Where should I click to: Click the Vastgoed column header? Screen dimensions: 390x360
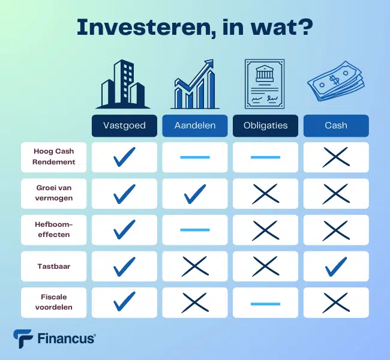click(124, 125)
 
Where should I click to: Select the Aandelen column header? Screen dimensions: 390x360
click(195, 125)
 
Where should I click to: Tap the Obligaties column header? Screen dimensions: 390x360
click(265, 125)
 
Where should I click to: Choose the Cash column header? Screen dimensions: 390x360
click(336, 125)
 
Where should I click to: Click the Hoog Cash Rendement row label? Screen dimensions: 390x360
click(54, 157)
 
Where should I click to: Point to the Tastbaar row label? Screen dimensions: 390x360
click(54, 266)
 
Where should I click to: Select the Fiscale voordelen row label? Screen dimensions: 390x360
click(54, 302)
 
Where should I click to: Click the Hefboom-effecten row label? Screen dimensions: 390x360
click(54, 229)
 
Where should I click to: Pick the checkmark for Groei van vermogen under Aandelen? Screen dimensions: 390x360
click(195, 194)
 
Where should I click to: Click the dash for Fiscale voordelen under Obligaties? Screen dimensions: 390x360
click(265, 304)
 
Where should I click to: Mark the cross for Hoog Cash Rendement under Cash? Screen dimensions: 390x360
click(336, 157)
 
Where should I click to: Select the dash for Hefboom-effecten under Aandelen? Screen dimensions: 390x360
click(195, 230)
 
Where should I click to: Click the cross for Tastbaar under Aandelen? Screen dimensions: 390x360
click(195, 266)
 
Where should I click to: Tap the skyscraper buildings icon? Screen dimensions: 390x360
click(123, 85)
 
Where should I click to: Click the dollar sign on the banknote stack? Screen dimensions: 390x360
click(334, 80)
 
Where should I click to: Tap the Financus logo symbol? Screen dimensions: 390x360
click(22, 338)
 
